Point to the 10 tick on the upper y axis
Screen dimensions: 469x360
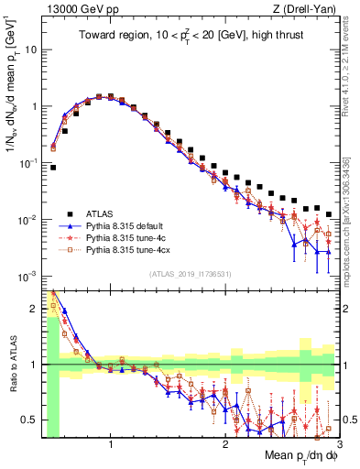click(31, 49)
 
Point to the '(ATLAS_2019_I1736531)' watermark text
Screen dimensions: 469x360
click(190, 274)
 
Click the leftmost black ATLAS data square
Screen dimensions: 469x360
click(53, 168)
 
